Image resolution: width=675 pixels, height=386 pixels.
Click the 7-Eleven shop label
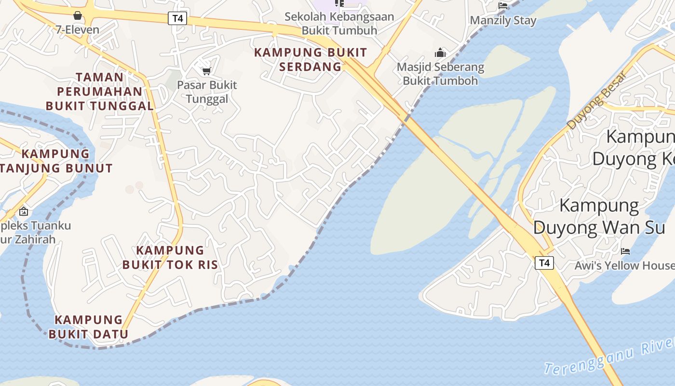[x=77, y=30]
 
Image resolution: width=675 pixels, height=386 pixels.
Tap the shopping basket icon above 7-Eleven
[x=77, y=16]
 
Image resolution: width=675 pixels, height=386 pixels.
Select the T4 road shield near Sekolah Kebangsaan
[x=178, y=19]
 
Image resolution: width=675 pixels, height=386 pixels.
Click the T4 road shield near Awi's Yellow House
[x=544, y=263]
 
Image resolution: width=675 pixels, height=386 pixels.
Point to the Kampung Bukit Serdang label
[x=310, y=59]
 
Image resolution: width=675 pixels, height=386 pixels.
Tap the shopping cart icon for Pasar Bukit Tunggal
[x=207, y=71]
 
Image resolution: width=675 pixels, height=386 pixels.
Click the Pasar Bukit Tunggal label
[x=207, y=92]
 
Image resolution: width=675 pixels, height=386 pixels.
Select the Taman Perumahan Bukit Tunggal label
[x=99, y=91]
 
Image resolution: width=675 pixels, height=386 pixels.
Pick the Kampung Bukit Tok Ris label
[x=170, y=258]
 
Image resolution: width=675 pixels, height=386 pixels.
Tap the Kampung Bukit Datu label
[x=89, y=327]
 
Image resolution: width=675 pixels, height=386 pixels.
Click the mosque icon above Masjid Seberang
[x=440, y=53]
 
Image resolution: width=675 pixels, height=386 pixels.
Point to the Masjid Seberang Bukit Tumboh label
[x=440, y=73]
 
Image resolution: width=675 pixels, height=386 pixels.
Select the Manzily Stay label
[x=503, y=21]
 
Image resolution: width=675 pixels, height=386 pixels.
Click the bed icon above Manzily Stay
[x=503, y=5]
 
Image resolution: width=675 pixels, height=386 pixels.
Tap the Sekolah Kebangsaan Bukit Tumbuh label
[x=339, y=23]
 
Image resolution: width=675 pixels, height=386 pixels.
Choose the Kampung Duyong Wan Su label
[x=599, y=217]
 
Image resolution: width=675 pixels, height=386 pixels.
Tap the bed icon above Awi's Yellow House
[x=625, y=251]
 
